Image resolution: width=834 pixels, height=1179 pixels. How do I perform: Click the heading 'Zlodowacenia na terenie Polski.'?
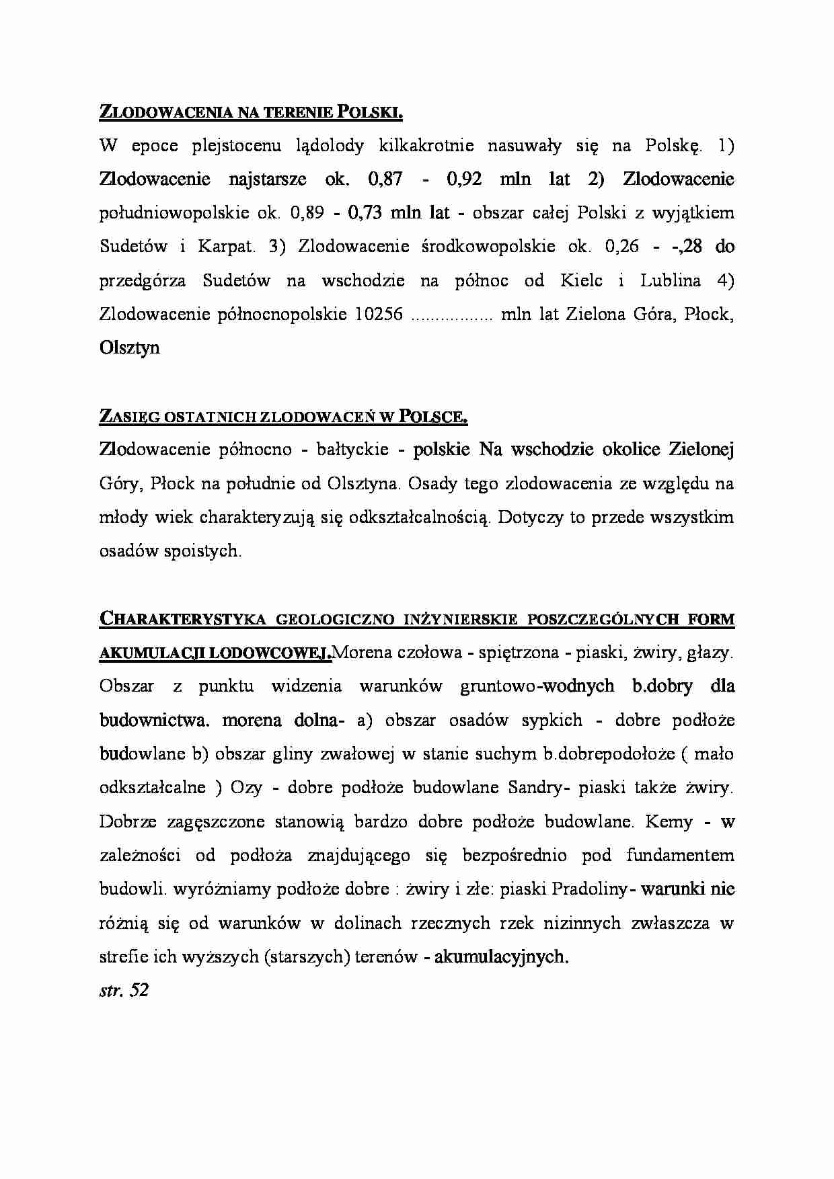click(251, 112)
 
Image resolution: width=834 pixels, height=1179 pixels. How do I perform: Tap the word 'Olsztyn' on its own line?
click(129, 348)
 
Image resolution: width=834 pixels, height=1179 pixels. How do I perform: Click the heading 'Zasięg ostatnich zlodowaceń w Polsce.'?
click(283, 417)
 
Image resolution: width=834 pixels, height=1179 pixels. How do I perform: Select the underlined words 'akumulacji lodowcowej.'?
click(215, 653)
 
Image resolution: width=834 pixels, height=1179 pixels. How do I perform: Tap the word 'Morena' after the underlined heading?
click(361, 653)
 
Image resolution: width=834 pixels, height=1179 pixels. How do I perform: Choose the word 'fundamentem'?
click(680, 856)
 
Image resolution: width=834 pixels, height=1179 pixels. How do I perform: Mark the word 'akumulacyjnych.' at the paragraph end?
click(501, 957)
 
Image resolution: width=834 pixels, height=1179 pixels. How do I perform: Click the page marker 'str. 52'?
click(124, 990)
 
